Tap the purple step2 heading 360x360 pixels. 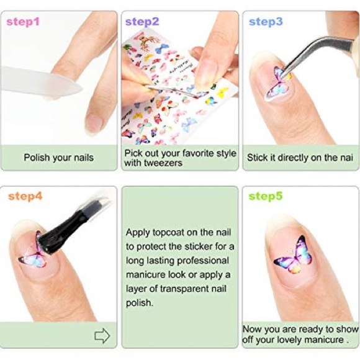click(x=142, y=22)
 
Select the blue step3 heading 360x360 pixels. click(x=266, y=22)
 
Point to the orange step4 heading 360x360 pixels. click(x=25, y=197)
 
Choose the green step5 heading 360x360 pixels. click(x=266, y=197)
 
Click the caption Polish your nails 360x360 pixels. click(x=58, y=158)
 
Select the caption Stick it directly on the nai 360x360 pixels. click(x=300, y=158)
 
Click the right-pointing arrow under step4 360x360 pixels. click(x=102, y=336)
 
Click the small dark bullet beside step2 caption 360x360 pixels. click(x=127, y=47)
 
